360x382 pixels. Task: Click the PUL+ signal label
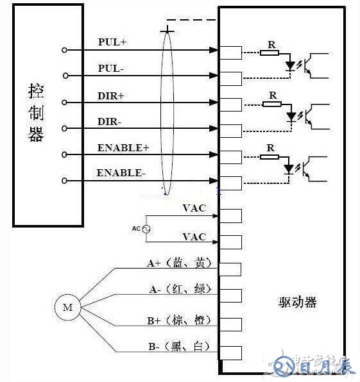[x=112, y=42]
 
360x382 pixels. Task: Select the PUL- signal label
[x=112, y=68]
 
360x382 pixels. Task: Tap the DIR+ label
[x=112, y=95]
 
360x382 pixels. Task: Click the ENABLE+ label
[x=123, y=147]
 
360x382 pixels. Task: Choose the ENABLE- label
[x=122, y=173]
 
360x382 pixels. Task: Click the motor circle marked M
[x=67, y=308]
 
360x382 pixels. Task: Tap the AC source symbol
[x=145, y=229]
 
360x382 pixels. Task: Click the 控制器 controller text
[x=36, y=112]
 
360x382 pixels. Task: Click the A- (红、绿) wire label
[x=179, y=290]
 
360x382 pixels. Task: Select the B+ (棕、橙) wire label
[x=179, y=319]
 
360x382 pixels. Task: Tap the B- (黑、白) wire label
[x=179, y=346]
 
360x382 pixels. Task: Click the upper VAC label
[x=194, y=208]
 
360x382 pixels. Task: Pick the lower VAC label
[x=194, y=237]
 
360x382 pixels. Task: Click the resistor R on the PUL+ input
[x=270, y=53]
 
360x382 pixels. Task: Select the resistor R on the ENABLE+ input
[x=270, y=156]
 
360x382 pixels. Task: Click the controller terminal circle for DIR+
[x=64, y=103]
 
